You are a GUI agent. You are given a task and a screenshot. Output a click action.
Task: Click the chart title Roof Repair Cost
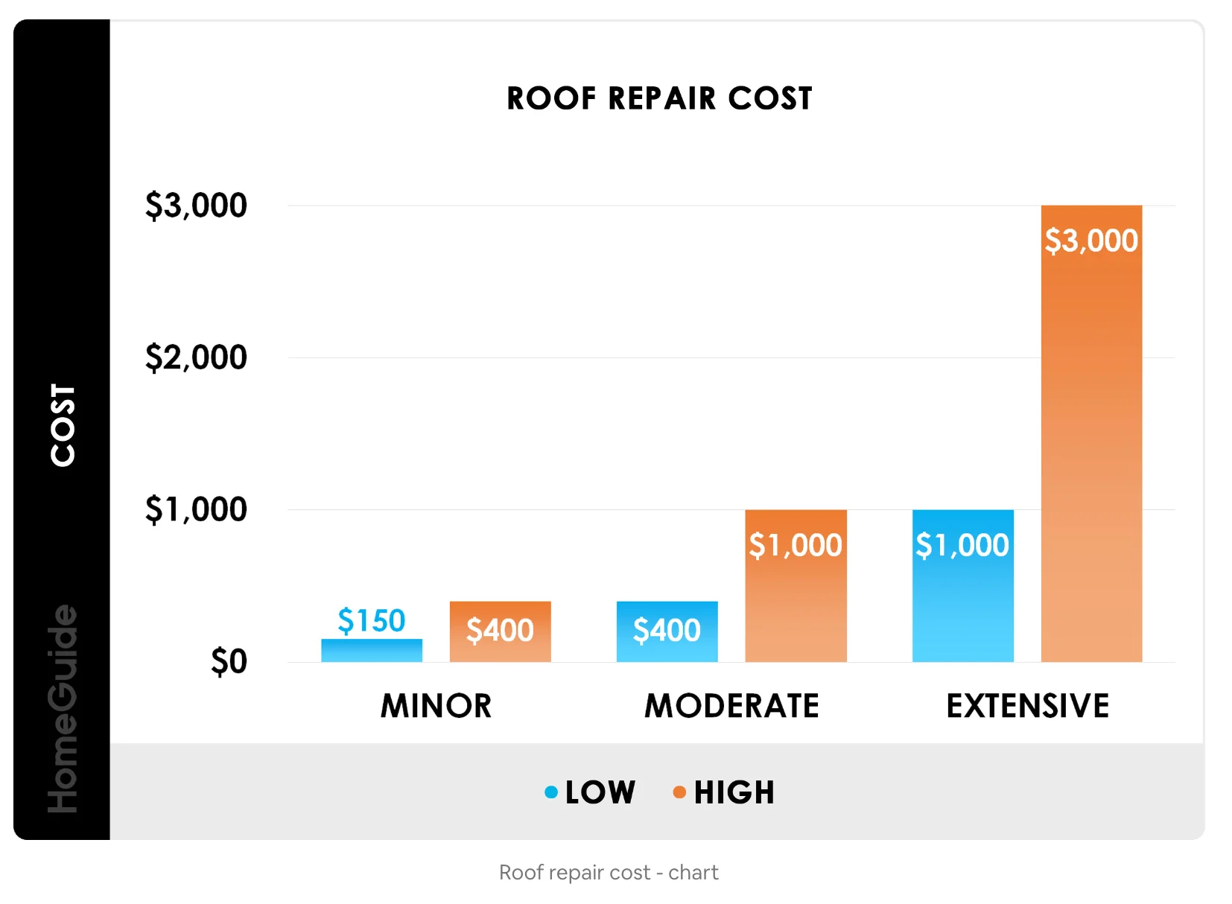point(659,98)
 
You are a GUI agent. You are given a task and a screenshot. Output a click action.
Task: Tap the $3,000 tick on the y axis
point(196,206)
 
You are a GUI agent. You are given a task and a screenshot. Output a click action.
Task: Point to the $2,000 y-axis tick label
point(196,357)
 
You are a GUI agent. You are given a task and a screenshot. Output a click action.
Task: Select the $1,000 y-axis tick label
point(196,509)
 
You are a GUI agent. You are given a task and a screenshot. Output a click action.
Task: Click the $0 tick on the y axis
point(229,661)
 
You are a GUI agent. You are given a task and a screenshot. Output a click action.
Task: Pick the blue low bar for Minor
point(372,651)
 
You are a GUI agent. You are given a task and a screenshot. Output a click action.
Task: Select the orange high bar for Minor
point(500,631)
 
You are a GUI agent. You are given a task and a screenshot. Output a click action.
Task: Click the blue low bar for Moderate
point(667,631)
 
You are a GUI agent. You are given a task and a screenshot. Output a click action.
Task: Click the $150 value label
point(372,620)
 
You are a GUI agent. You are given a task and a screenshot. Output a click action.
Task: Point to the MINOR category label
point(436,706)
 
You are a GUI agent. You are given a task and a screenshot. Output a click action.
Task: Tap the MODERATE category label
point(731,706)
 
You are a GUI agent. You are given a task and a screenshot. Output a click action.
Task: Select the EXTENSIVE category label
point(1027,706)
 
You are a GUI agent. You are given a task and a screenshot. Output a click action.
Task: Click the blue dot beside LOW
point(551,792)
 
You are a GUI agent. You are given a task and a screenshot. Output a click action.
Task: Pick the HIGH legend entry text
point(734,792)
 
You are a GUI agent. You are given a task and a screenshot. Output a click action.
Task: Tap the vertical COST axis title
point(63,425)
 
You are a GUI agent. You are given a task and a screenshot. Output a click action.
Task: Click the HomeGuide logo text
point(63,707)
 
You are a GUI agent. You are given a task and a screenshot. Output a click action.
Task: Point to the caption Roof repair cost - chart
point(609,872)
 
